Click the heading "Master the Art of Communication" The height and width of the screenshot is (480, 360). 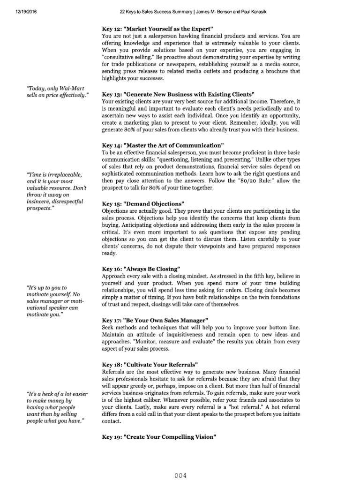(x=163, y=145)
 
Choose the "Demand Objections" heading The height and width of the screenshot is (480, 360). (x=143, y=203)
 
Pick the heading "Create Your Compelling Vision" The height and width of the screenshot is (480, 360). (x=159, y=436)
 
